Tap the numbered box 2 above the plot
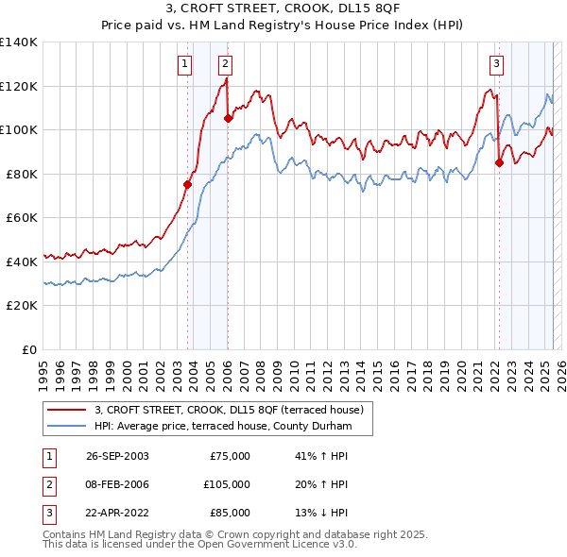pos(226,64)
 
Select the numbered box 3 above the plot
pos(496,64)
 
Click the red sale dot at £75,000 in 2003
pos(187,185)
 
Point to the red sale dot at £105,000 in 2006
pos(228,119)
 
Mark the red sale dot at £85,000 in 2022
pos(499,163)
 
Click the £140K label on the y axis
pos(18,42)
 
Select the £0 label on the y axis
pos(28,349)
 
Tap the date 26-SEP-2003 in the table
pos(117,456)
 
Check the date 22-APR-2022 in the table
pos(117,513)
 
